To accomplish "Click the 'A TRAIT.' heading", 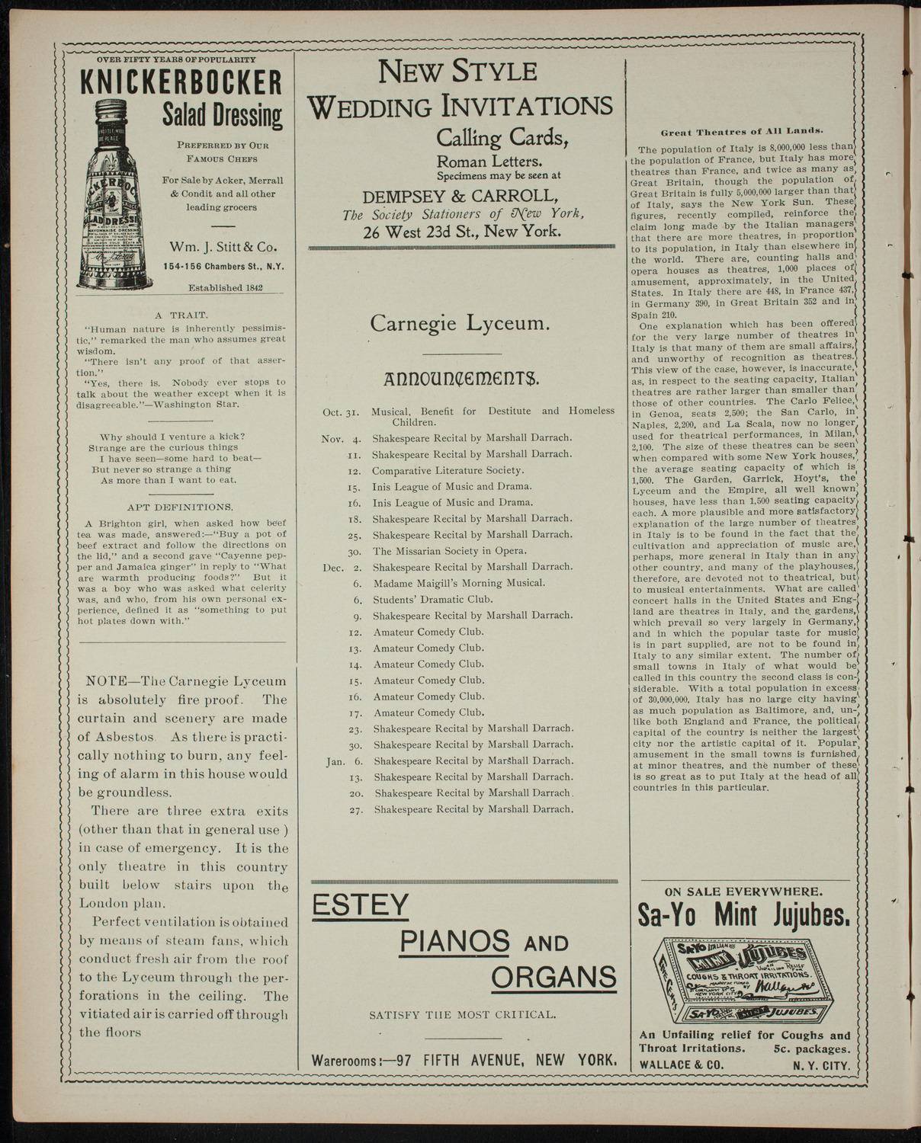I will click(x=180, y=314).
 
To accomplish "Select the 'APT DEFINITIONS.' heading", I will click(x=180, y=507).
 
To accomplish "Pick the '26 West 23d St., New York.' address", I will click(x=462, y=232).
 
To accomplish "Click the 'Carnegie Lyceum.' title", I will click(x=460, y=323).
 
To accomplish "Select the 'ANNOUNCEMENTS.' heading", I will click(x=463, y=378).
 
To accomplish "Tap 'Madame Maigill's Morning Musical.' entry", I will click(x=459, y=583).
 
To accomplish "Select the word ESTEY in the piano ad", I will click(x=361, y=904).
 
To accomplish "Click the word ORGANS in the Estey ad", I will click(x=554, y=976).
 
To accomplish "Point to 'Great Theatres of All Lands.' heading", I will click(x=746, y=131).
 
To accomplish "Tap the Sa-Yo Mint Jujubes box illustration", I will click(x=743, y=978).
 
